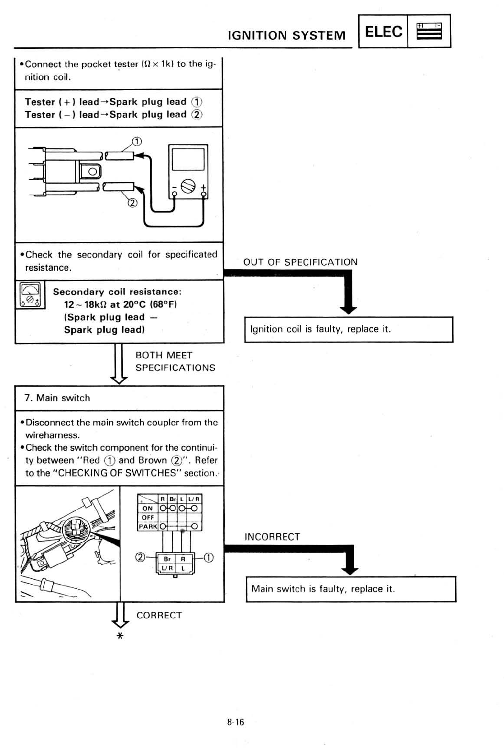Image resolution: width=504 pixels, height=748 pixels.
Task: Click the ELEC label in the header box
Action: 383,32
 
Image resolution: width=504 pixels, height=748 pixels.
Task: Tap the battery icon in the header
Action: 429,32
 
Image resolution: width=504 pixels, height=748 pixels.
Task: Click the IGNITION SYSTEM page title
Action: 287,35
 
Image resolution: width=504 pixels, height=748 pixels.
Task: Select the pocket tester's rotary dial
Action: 188,186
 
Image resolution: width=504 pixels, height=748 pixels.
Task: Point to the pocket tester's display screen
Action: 188,159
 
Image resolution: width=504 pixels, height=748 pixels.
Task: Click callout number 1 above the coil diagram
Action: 137,142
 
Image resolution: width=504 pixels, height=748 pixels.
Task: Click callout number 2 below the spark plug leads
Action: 132,203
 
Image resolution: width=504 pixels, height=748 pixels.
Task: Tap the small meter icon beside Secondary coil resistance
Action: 30,295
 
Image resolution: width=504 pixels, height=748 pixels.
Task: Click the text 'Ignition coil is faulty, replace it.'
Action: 320,329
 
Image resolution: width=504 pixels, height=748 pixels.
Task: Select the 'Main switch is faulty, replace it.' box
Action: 351,589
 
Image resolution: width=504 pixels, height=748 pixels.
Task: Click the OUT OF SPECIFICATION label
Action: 300,262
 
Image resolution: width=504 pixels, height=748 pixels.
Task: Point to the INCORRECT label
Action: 272,537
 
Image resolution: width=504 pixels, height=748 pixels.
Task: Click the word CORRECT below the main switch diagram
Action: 159,615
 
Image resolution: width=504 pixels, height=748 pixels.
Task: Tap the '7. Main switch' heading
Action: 57,398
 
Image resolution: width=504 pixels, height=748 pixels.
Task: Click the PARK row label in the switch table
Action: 148,526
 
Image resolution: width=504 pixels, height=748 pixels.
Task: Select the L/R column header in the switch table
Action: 194,499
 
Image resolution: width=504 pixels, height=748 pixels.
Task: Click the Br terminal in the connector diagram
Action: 167,559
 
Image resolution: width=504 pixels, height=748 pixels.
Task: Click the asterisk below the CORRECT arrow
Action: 120,636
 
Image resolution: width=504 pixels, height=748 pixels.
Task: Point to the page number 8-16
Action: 236,722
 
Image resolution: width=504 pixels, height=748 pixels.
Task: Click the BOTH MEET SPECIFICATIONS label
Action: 175,361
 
